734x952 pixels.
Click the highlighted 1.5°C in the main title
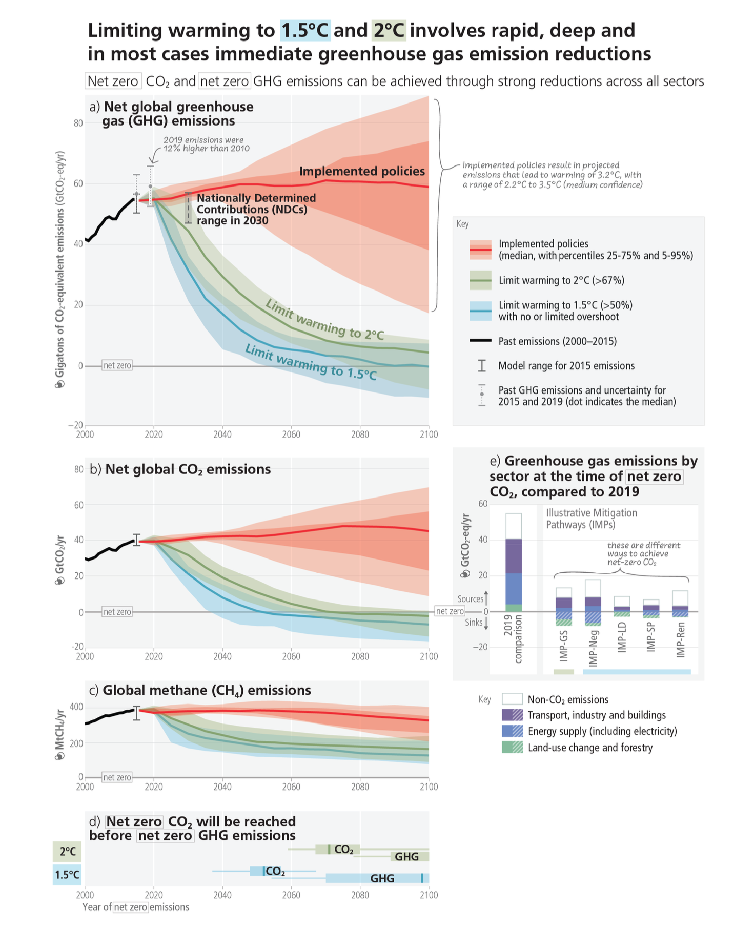pos(305,31)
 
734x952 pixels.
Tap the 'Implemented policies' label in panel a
pos(362,171)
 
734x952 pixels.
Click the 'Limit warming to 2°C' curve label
pos(324,320)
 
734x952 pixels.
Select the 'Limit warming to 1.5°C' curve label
pos(311,362)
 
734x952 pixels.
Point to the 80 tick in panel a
pos(78,123)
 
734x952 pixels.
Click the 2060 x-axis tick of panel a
pos(291,434)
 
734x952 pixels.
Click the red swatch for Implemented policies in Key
pos(480,250)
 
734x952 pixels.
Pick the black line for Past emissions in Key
pos(480,341)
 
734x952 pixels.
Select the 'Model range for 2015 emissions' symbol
pos(481,366)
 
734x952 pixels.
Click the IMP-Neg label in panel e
pos(593,648)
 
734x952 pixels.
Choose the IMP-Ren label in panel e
pos(680,644)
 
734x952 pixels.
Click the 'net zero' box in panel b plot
pos(117,612)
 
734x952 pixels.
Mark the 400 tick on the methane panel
pos(76,707)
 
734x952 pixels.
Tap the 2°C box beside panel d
pos(67,852)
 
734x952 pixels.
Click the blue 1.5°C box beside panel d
pos(67,875)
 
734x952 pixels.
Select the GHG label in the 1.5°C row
pos(382,878)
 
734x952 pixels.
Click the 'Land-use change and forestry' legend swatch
pos(512,748)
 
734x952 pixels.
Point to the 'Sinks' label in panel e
pos(473,623)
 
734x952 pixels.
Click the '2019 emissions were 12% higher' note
pos(206,144)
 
